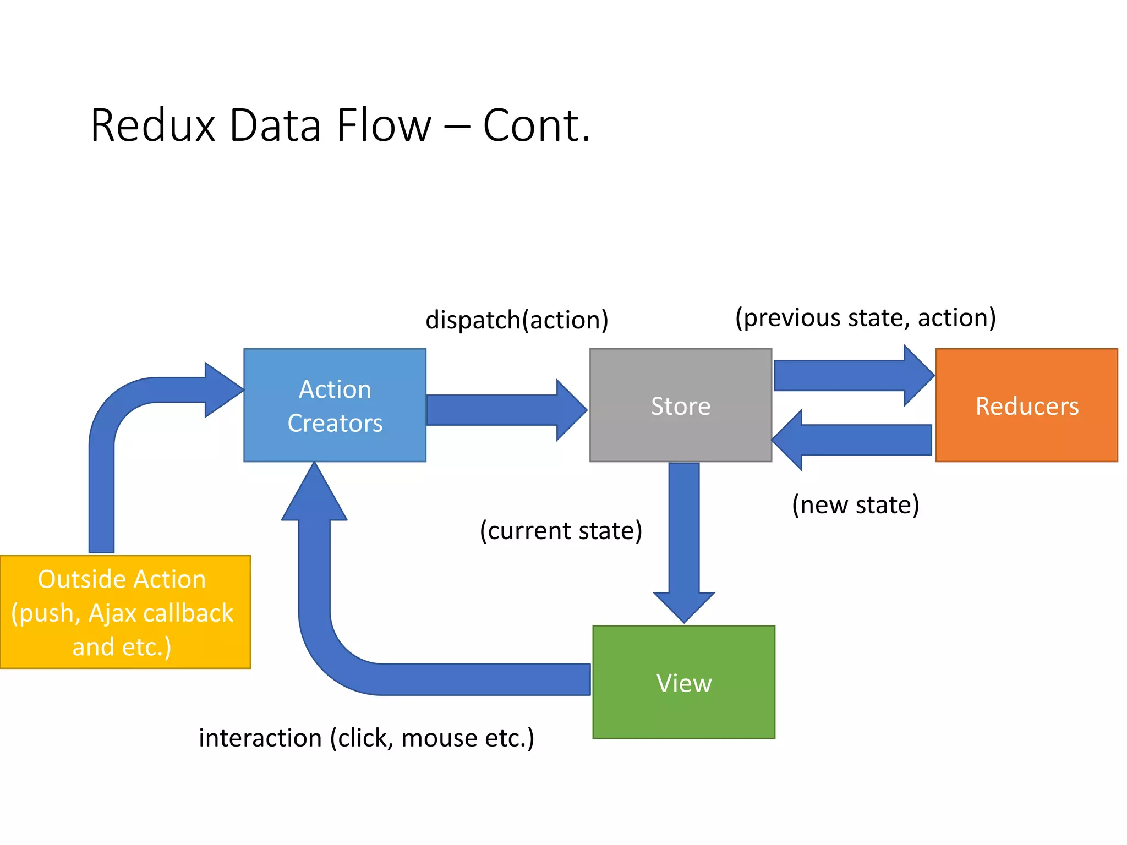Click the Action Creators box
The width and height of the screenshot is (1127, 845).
[335, 405]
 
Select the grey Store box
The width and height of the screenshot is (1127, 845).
[680, 405]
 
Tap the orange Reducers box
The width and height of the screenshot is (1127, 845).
[1026, 405]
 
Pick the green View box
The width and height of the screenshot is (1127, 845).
[683, 682]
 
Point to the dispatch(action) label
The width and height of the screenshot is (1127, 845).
[517, 320]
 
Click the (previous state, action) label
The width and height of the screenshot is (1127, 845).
[866, 317]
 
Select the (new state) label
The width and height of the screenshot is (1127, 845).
[855, 504]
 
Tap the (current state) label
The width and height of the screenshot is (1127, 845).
[561, 530]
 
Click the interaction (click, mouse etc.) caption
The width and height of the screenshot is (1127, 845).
[366, 738]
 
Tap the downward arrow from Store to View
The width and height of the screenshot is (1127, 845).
[684, 539]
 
